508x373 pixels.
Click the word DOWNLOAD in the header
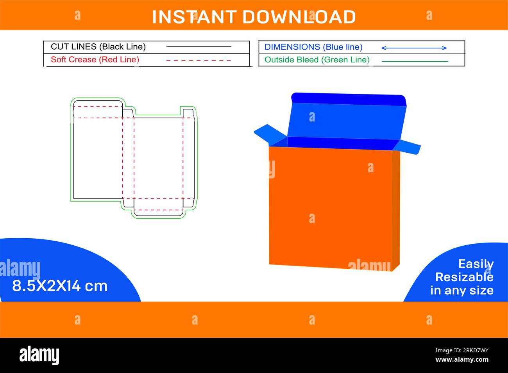[x=299, y=17]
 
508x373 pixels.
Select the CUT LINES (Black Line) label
[x=98, y=47]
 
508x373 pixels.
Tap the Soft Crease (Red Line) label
[x=95, y=60]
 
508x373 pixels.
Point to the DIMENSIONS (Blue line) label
[x=313, y=47]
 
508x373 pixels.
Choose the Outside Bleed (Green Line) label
[x=317, y=60]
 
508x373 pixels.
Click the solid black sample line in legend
[x=199, y=46]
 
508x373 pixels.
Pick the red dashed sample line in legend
[x=199, y=61]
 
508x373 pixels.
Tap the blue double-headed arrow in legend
[x=414, y=48]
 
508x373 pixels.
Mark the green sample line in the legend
[x=415, y=61]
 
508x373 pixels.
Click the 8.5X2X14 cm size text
[x=60, y=286]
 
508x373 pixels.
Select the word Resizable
[x=464, y=277]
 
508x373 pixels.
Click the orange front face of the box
[x=330, y=207]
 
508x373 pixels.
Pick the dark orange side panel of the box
[x=396, y=209]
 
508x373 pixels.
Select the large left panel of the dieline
[x=98, y=156]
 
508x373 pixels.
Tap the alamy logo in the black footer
[x=39, y=355]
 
